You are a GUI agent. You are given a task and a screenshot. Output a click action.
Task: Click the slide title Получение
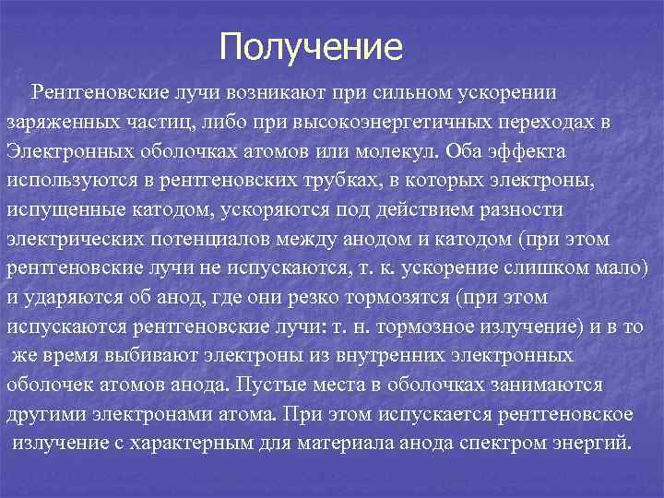[x=312, y=46]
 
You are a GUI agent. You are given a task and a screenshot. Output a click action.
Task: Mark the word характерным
[x=194, y=442]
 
